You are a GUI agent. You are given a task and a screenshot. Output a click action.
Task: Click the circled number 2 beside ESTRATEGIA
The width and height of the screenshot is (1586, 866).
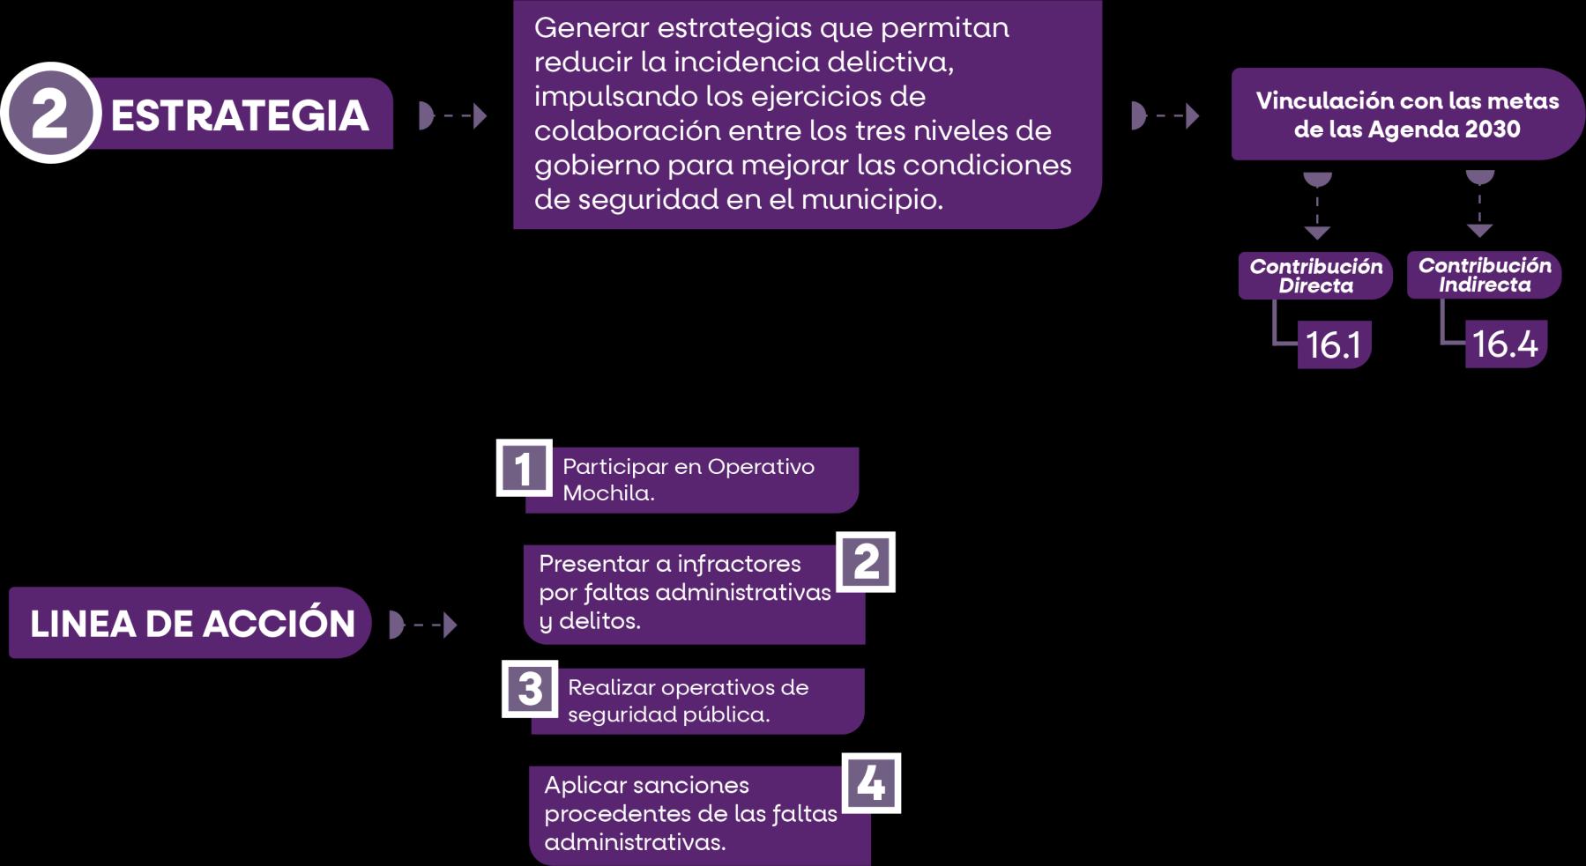tap(50, 114)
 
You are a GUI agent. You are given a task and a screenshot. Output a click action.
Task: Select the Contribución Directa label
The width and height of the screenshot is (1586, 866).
tap(1315, 276)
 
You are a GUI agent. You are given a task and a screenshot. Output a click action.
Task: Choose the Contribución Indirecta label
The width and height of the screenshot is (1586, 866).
tap(1484, 275)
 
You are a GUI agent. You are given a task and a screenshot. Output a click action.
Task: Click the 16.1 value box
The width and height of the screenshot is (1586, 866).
tap(1333, 344)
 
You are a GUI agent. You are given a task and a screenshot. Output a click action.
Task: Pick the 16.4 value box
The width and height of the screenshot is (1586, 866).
tap(1505, 344)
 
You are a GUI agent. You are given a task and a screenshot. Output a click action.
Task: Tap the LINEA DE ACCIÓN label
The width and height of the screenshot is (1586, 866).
tap(191, 623)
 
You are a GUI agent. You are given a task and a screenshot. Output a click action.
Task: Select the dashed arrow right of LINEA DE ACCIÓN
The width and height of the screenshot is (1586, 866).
tap(423, 625)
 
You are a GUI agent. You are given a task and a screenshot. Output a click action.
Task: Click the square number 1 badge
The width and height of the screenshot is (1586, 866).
tap(524, 468)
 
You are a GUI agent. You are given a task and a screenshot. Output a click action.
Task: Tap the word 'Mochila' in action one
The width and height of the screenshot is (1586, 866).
tap(607, 493)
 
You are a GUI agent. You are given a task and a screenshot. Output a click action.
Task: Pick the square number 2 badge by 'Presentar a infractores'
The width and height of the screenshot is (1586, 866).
tap(866, 561)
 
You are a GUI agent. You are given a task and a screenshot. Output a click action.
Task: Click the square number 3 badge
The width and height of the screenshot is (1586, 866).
tap(530, 689)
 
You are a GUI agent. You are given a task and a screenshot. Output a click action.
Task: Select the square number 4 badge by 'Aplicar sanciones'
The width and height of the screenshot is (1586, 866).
tap(871, 782)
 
